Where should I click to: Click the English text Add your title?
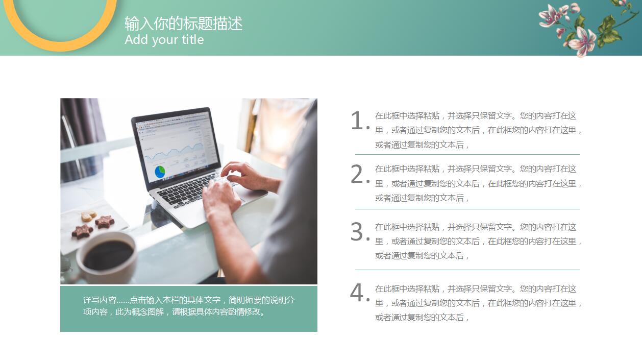pos(164,40)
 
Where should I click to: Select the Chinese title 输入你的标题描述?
pos(183,23)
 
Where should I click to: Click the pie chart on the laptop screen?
pos(160,172)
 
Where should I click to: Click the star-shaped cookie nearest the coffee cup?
pos(82,231)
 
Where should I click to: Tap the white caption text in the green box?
pos(188,306)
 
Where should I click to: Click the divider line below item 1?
pos(467,154)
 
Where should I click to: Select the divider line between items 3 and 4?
pos(467,270)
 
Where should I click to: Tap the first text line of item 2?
pos(475,169)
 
